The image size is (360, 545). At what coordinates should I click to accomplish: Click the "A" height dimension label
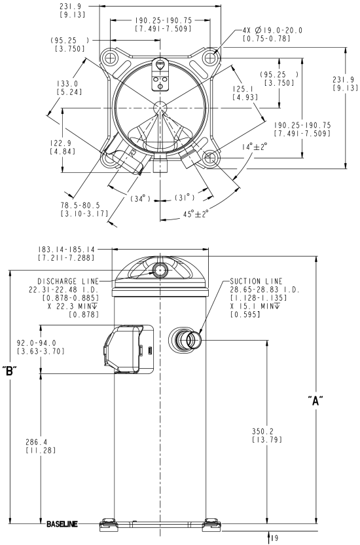(315, 401)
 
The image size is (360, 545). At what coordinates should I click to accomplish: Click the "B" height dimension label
(9, 371)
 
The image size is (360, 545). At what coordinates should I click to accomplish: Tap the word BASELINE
(62, 524)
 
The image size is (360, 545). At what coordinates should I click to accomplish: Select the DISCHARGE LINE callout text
(68, 281)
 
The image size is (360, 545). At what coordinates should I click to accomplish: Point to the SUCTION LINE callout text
(256, 281)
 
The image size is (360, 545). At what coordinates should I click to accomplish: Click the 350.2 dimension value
(262, 431)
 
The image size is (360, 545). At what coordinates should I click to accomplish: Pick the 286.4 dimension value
(36, 442)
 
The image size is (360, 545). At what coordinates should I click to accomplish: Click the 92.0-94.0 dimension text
(37, 343)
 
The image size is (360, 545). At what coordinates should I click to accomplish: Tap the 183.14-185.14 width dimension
(66, 250)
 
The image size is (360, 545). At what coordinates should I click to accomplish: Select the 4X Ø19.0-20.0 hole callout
(272, 31)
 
